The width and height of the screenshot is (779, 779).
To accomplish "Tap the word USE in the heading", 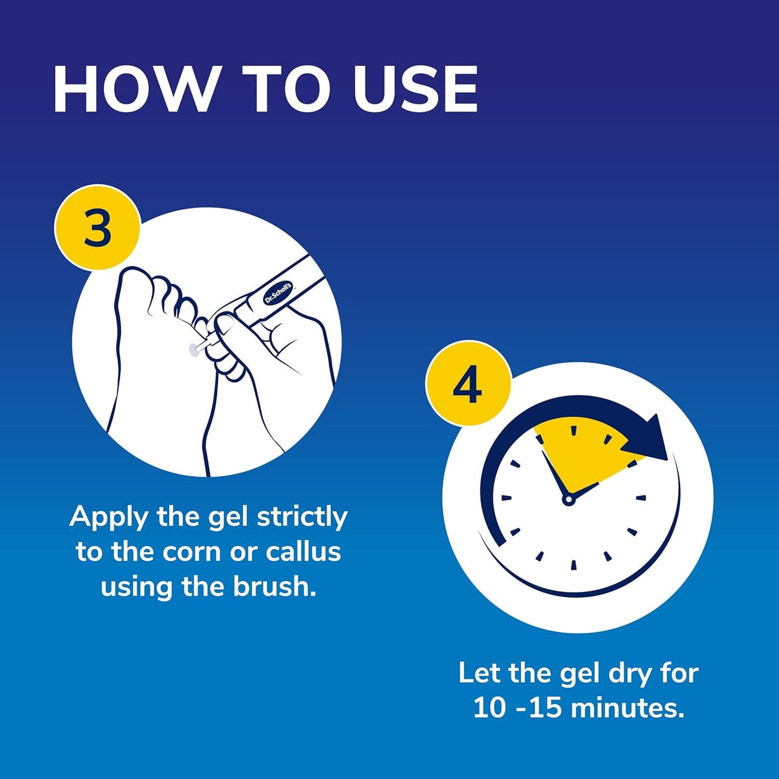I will [x=415, y=89].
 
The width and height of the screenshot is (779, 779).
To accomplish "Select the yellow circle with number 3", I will [x=98, y=228].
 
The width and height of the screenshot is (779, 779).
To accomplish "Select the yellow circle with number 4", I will [x=467, y=384].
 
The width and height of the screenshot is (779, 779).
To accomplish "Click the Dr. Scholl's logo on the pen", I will [x=278, y=293].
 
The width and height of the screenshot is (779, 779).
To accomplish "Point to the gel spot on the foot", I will [x=191, y=350].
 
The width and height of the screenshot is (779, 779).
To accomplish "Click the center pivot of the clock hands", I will [x=568, y=500].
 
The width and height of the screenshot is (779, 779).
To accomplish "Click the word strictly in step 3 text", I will [x=302, y=518].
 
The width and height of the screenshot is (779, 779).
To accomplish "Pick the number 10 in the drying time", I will [x=490, y=707].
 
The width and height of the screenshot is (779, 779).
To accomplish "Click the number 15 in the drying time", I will [x=545, y=707].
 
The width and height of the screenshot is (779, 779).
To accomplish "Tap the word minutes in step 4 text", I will [x=628, y=707].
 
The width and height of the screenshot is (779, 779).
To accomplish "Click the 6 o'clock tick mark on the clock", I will [x=574, y=565].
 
